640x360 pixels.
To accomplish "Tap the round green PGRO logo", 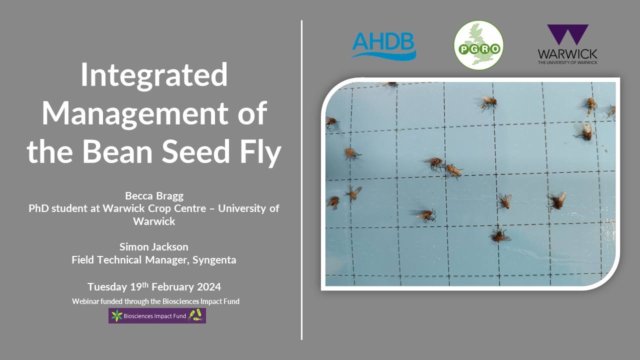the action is click(478, 45).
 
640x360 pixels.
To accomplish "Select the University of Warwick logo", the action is click(567, 44).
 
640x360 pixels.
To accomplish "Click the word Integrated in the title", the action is click(154, 75).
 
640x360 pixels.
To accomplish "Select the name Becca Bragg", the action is click(154, 196).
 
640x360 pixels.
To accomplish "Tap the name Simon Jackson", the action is click(154, 247).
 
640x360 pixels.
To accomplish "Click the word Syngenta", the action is click(214, 260).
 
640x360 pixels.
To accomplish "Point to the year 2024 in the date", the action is click(208, 287).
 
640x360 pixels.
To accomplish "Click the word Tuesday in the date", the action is click(107, 287).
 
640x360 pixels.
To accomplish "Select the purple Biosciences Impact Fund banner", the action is click(157, 315).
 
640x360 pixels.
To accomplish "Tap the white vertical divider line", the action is click(301, 180).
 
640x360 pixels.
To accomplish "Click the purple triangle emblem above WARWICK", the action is click(567, 34).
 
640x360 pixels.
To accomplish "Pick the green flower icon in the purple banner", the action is click(116, 315).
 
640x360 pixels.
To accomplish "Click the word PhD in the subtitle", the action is click(39, 208).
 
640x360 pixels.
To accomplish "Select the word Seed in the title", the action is click(195, 151).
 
